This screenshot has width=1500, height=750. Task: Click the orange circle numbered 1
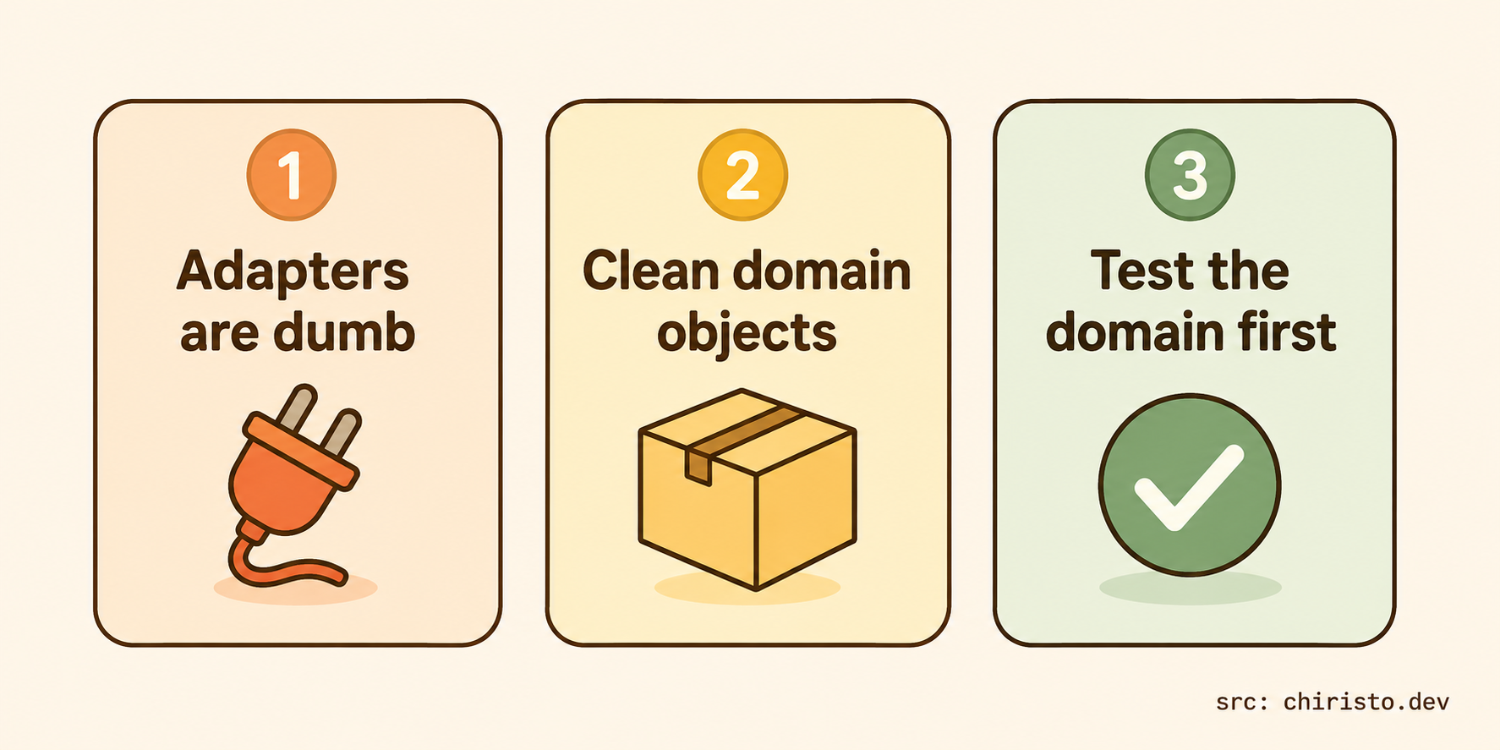[x=292, y=175]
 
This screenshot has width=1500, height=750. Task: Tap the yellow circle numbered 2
[x=742, y=175]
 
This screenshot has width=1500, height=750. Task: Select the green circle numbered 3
[x=1190, y=175]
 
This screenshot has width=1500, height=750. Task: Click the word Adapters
[x=293, y=272]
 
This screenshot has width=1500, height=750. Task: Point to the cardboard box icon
[x=747, y=489]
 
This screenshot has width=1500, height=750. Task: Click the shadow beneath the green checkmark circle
[x=1191, y=588]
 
